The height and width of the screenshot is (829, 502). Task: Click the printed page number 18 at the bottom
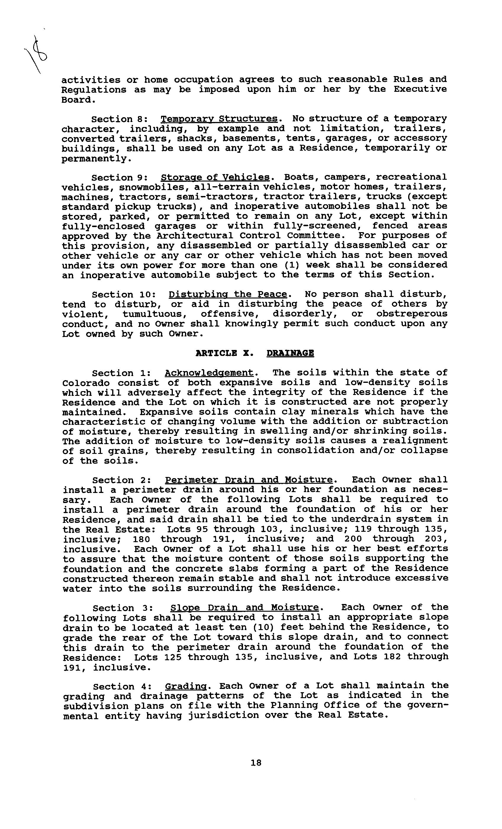256,762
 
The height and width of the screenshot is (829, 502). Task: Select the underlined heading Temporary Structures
219,119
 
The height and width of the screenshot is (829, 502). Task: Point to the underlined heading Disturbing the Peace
228,294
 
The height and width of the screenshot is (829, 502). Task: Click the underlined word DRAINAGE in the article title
290,353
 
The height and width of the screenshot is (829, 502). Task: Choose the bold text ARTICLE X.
222,353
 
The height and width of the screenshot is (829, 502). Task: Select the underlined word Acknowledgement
209,373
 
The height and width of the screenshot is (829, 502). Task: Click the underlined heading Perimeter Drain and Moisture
249,480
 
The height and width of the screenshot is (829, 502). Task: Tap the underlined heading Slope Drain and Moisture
244,608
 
